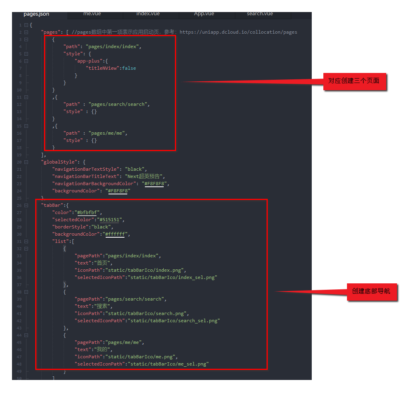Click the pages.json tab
click(x=36, y=14)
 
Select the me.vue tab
click(x=92, y=14)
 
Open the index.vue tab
click(x=148, y=14)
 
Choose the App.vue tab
click(x=204, y=14)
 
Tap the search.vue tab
click(x=260, y=14)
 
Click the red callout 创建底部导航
click(x=371, y=291)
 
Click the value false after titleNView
click(x=129, y=68)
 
